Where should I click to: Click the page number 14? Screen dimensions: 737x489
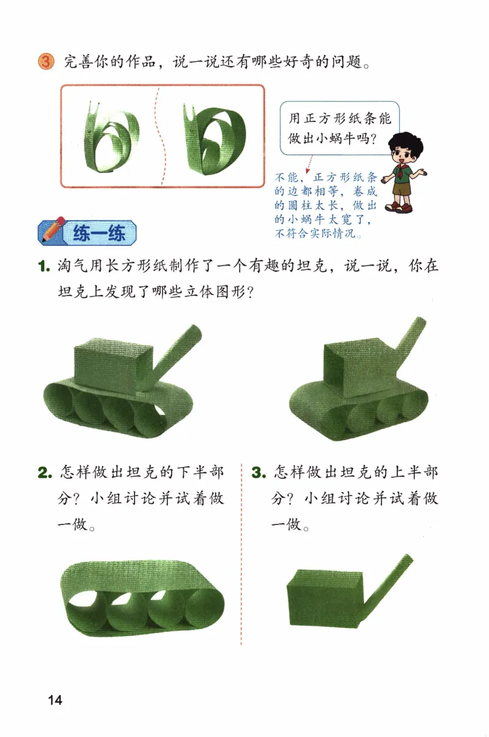tap(54, 700)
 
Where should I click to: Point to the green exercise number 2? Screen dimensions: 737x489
tap(44, 474)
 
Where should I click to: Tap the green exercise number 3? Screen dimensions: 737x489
tap(259, 474)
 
